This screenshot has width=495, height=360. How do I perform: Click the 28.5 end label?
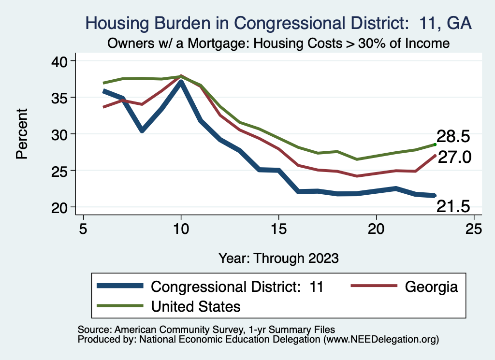pyautogui.click(x=453, y=136)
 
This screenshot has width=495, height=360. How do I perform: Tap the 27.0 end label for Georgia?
pyautogui.click(x=454, y=157)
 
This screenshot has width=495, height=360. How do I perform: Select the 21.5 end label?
pyautogui.click(x=453, y=207)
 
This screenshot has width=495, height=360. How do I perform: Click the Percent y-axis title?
pyautogui.click(x=21, y=134)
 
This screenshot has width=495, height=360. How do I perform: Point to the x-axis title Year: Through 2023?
pyautogui.click(x=278, y=258)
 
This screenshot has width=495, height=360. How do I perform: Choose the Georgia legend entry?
pyautogui.click(x=431, y=287)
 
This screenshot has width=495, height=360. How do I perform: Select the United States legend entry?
pyautogui.click(x=196, y=306)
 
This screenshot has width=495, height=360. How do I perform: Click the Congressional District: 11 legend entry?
pyautogui.click(x=237, y=287)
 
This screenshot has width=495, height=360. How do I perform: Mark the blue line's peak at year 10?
pyautogui.click(x=181, y=82)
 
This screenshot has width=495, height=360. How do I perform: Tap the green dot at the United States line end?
pyautogui.click(x=435, y=144)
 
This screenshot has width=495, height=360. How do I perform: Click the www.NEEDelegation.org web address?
pyautogui.click(x=382, y=340)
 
